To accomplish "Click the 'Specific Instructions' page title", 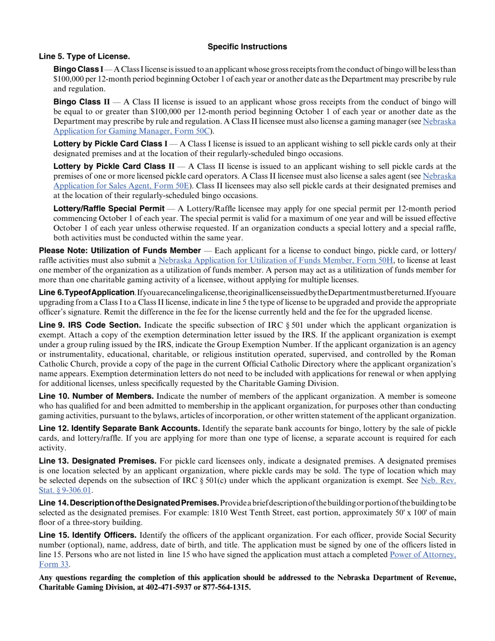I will [x=247, y=47].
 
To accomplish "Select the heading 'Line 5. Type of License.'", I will [x=84, y=56].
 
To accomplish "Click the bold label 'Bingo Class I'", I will [x=78, y=69].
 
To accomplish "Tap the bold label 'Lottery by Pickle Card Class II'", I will [x=114, y=166].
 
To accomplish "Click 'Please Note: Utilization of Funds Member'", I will [x=120, y=251].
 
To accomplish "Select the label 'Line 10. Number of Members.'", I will [x=96, y=396].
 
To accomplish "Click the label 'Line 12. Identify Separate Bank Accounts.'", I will [x=119, y=428].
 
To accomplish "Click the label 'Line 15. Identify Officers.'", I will [x=88, y=535].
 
